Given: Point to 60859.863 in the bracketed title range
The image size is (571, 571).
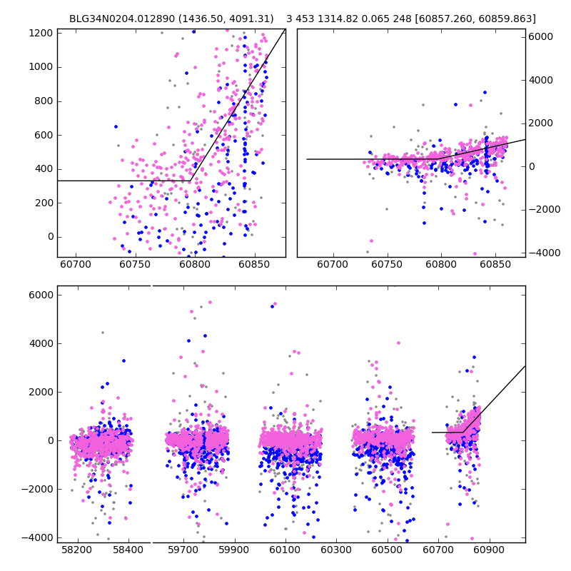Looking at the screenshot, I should tap(507, 19).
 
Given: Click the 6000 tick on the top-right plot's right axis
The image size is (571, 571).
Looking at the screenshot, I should tap(541, 36).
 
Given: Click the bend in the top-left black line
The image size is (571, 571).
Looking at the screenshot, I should tap(190, 181).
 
